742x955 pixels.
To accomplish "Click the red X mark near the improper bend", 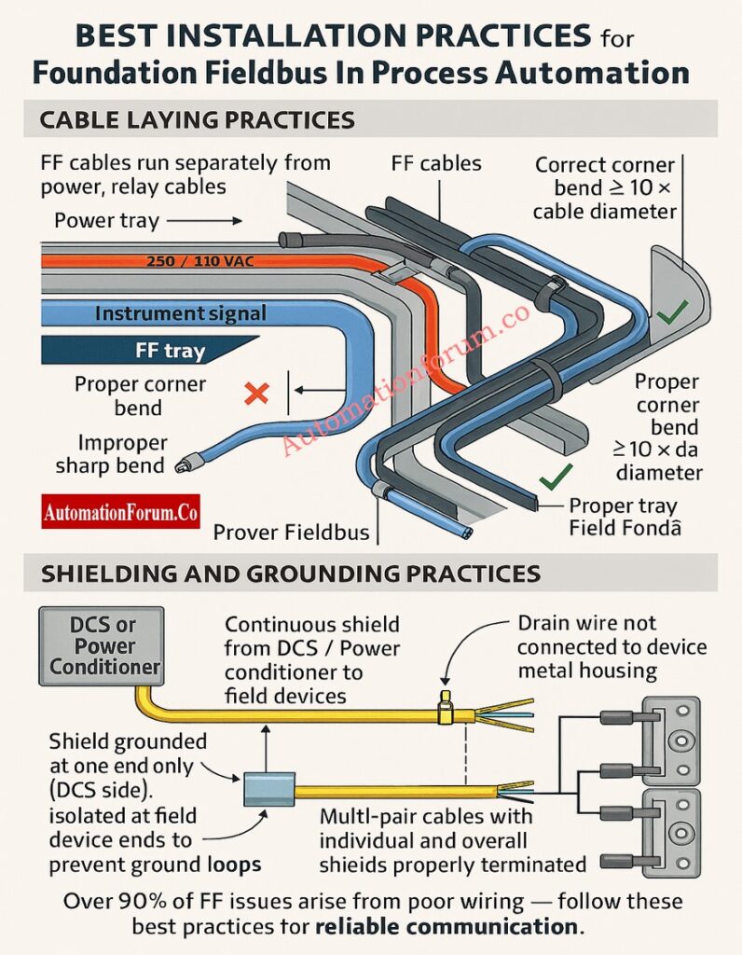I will click(255, 393).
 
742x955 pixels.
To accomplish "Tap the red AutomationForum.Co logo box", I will click(120, 513).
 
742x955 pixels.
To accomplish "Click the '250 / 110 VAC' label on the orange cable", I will click(199, 261).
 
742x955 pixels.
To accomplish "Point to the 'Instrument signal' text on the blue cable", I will click(180, 314).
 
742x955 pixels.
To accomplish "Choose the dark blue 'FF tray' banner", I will click(149, 352).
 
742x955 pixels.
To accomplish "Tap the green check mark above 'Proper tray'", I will click(556, 478).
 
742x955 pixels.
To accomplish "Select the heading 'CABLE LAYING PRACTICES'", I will click(197, 119).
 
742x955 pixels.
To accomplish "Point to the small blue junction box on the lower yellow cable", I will click(269, 790).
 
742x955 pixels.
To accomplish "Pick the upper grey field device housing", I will click(672, 741).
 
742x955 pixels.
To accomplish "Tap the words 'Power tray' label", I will click(106, 221).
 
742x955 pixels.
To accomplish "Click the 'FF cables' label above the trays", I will click(436, 164).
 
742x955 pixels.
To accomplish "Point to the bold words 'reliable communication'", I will click(446, 927).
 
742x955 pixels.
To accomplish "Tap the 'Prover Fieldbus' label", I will click(291, 533).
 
